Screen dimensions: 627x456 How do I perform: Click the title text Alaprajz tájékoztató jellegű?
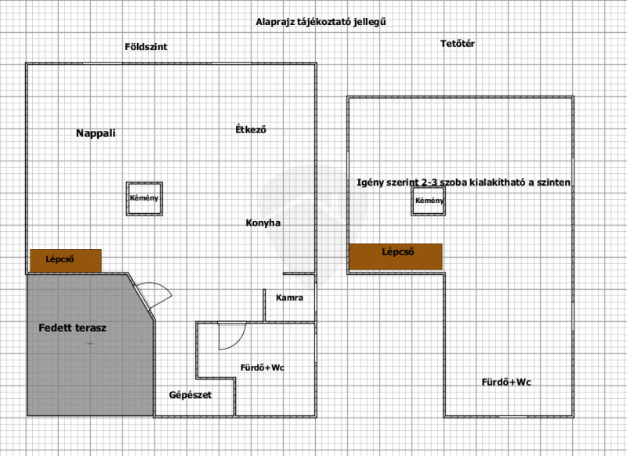[x=321, y=22]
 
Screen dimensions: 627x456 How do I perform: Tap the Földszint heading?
[x=146, y=47]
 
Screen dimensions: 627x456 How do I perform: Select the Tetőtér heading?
[x=458, y=44]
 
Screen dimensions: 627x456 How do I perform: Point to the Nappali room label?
[x=96, y=133]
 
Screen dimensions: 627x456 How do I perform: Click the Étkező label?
[x=251, y=129]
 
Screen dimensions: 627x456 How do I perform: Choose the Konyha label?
[x=263, y=223]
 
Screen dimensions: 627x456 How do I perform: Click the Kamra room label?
[x=289, y=298]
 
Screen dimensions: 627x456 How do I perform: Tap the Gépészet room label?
[x=190, y=395]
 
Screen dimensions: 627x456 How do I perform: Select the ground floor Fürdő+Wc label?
[x=263, y=367]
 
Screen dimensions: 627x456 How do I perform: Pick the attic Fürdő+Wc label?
[x=506, y=382]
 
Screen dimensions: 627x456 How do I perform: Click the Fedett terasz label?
[x=72, y=328]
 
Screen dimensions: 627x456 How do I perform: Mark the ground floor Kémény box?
[x=144, y=199]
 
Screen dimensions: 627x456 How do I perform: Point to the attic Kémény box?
[x=428, y=201]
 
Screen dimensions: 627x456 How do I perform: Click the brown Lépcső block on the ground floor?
[x=66, y=261]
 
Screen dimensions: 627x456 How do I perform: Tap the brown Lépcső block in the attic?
[x=396, y=256]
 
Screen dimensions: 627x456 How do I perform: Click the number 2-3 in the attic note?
[x=429, y=183]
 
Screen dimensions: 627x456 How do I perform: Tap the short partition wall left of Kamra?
[x=264, y=306]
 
